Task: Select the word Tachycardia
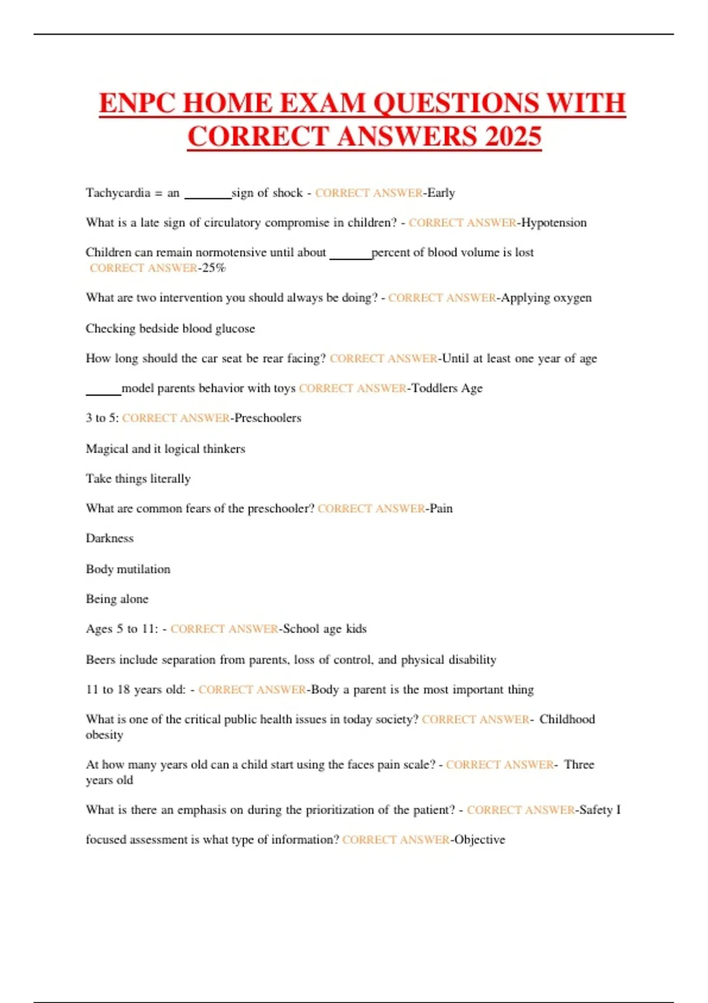tap(118, 193)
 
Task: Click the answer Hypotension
tap(554, 223)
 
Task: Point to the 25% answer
tap(214, 268)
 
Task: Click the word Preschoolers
tap(268, 418)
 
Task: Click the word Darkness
tap(110, 538)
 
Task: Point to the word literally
tap(171, 478)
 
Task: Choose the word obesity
tap(104, 735)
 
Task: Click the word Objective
tap(480, 840)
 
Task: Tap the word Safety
tap(596, 810)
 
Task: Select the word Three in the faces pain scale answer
tap(579, 765)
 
